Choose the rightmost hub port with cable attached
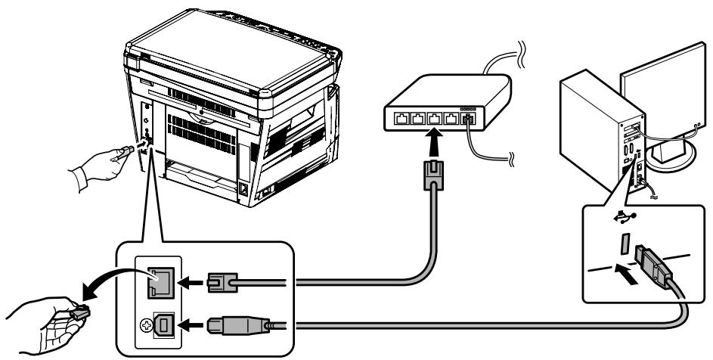click(x=467, y=118)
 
